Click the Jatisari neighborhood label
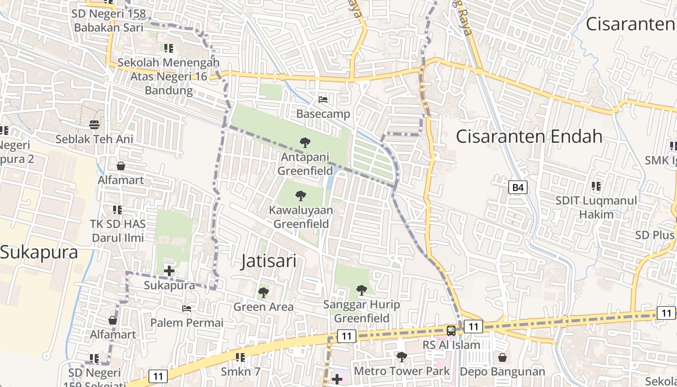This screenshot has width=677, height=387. click(x=268, y=261)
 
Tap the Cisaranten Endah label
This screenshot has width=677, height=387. click(x=529, y=136)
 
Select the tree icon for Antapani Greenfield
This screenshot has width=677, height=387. click(x=305, y=143)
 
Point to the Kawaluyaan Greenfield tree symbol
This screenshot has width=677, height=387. click(x=301, y=196)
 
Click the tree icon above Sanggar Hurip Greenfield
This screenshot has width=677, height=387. click(x=361, y=290)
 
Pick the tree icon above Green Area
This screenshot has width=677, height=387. click(x=263, y=293)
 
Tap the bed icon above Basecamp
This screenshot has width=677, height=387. click(x=323, y=100)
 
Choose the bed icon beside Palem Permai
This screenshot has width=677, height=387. click(x=187, y=309)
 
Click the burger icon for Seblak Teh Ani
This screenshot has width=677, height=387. click(x=94, y=125)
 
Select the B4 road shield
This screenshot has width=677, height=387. click(x=518, y=187)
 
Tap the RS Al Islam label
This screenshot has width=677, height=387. click(x=451, y=345)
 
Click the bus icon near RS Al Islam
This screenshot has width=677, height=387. click(x=451, y=331)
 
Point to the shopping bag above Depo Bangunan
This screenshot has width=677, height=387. click(x=502, y=357)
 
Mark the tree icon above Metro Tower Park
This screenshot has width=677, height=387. click(x=401, y=357)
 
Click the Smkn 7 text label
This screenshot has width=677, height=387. click(x=240, y=372)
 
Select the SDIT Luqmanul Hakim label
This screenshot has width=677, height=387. click(x=596, y=207)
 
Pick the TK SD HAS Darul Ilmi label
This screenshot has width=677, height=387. click(x=118, y=231)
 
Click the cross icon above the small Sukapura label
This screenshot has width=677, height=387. click(x=169, y=271)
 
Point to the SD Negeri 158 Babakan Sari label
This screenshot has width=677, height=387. click(x=108, y=20)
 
